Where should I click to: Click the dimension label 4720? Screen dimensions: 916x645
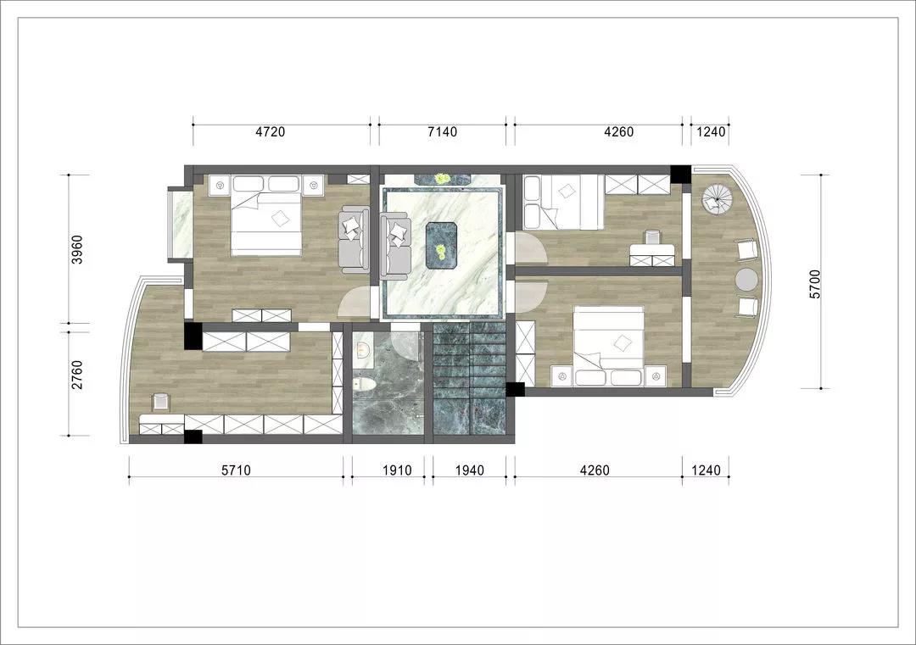click(270, 132)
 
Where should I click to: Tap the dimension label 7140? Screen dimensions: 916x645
click(442, 132)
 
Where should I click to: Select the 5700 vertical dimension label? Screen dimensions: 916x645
click(815, 284)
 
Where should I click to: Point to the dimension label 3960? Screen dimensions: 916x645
click(77, 249)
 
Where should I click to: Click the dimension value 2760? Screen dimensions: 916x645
click(77, 375)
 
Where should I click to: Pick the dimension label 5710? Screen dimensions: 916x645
click(236, 470)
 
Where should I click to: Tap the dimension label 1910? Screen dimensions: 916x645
click(397, 470)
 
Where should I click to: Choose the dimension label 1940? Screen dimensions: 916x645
click(470, 470)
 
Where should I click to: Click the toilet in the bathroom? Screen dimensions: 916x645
click(362, 385)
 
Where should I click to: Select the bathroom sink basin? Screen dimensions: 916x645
click(362, 351)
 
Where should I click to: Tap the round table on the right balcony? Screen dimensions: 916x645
click(746, 280)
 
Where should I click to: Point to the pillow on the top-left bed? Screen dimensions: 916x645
click(281, 219)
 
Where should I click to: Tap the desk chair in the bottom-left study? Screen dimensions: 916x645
click(159, 403)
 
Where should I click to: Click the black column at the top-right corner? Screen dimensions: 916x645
click(680, 175)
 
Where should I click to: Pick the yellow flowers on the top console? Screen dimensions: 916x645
click(440, 178)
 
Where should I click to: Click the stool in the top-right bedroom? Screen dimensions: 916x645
click(652, 237)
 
